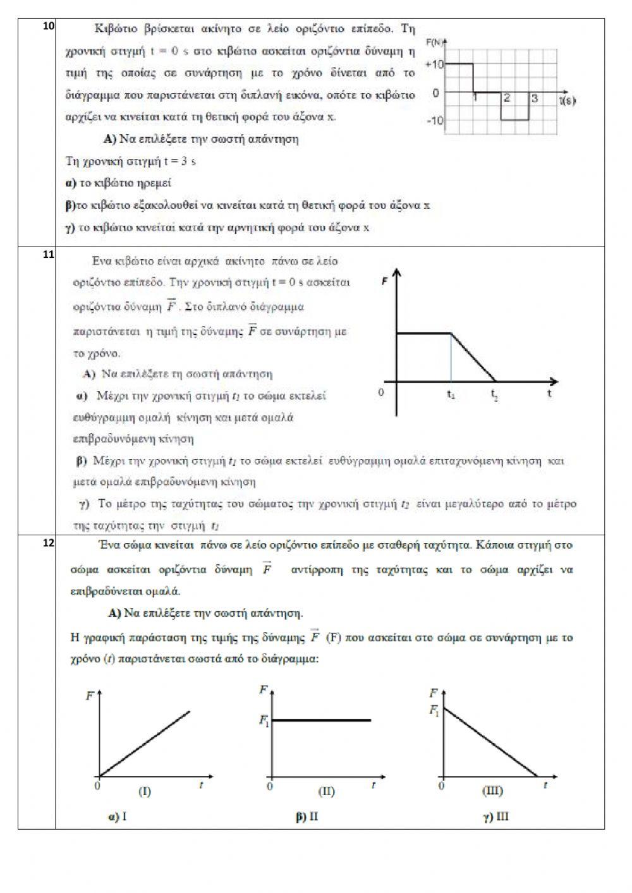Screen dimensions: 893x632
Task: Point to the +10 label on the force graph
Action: pos(434,64)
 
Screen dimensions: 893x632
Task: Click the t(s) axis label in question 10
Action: pos(567,99)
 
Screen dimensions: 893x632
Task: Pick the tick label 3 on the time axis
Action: pos(535,99)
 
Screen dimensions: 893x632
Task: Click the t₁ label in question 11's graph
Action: pos(451,394)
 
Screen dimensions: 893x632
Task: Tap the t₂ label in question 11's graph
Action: pos(495,394)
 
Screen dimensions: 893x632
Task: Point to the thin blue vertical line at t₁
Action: pos(451,357)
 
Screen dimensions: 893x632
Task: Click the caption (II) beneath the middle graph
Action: pos(326,791)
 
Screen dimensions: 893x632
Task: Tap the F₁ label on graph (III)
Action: pos(434,710)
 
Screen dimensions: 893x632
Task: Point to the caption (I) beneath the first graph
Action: pos(144,791)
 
